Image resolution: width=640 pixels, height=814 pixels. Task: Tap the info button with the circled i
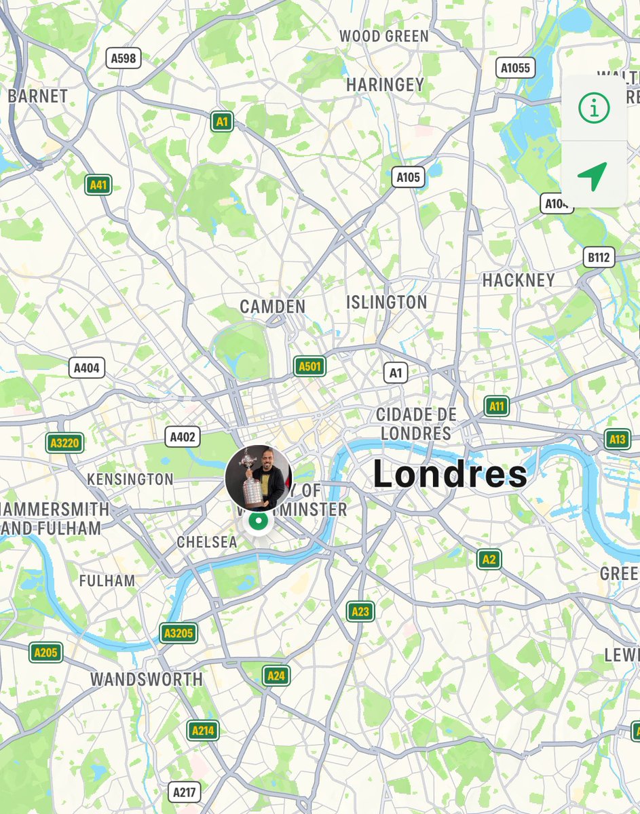(594, 108)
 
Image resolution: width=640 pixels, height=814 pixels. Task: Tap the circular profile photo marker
(259, 478)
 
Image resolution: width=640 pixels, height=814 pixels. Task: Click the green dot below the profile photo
(257, 522)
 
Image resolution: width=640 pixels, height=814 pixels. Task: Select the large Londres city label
(450, 475)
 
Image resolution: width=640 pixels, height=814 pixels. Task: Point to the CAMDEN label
(273, 307)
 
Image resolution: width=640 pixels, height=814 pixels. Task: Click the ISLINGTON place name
(387, 303)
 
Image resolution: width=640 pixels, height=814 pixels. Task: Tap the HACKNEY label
(519, 280)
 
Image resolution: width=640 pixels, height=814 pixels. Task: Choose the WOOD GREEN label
(384, 36)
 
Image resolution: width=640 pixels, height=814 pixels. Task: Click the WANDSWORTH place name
(147, 679)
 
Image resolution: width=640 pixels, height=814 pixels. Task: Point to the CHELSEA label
(207, 542)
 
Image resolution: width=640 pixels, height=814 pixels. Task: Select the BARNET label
(38, 96)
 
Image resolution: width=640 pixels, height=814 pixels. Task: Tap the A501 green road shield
(309, 367)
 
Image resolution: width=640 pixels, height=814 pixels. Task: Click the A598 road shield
(124, 58)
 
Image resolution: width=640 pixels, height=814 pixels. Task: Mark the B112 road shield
(599, 257)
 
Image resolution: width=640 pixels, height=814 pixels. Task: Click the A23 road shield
(360, 611)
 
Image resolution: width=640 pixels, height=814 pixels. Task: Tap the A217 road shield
(185, 792)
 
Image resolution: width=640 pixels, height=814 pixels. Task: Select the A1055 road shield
(516, 67)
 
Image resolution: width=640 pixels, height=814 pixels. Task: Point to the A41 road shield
(99, 185)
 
